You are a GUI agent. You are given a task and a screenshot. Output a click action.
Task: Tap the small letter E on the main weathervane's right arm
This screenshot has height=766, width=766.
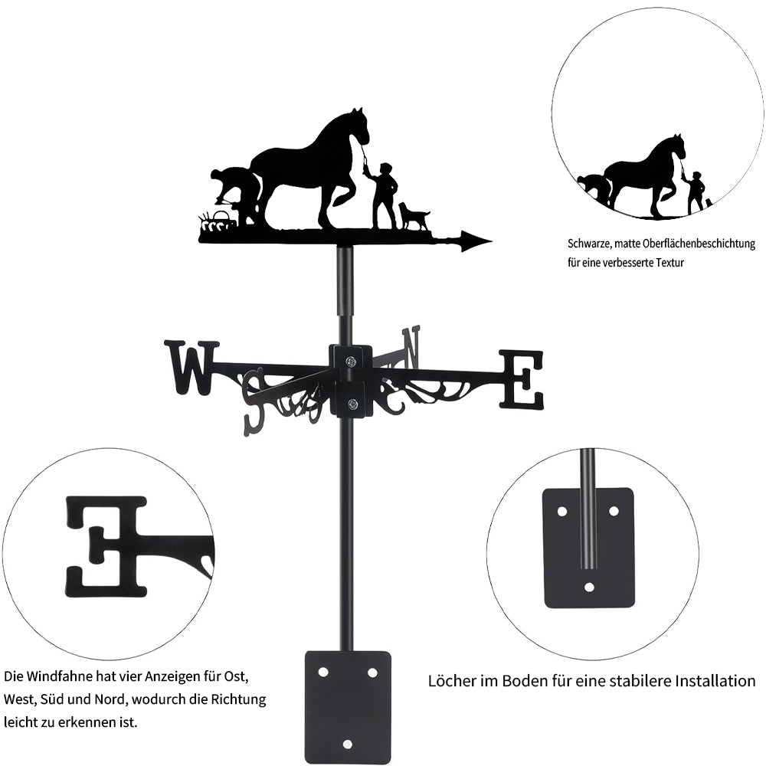[x=521, y=379]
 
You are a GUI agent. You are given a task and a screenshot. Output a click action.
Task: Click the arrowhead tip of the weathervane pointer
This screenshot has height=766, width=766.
[x=492, y=241]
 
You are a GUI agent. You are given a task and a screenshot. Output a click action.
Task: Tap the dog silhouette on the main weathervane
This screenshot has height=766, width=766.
[x=414, y=217]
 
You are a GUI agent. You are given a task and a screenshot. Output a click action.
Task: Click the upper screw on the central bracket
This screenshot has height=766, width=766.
[x=350, y=362]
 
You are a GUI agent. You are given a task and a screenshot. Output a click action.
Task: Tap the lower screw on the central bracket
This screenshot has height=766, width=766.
[x=350, y=404]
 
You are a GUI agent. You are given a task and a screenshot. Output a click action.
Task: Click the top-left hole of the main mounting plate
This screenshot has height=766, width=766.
[x=323, y=673]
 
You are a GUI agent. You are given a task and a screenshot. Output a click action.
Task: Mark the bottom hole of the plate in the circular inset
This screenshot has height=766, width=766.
[x=589, y=586]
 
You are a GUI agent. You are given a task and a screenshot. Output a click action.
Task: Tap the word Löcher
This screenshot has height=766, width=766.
[x=448, y=680]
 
